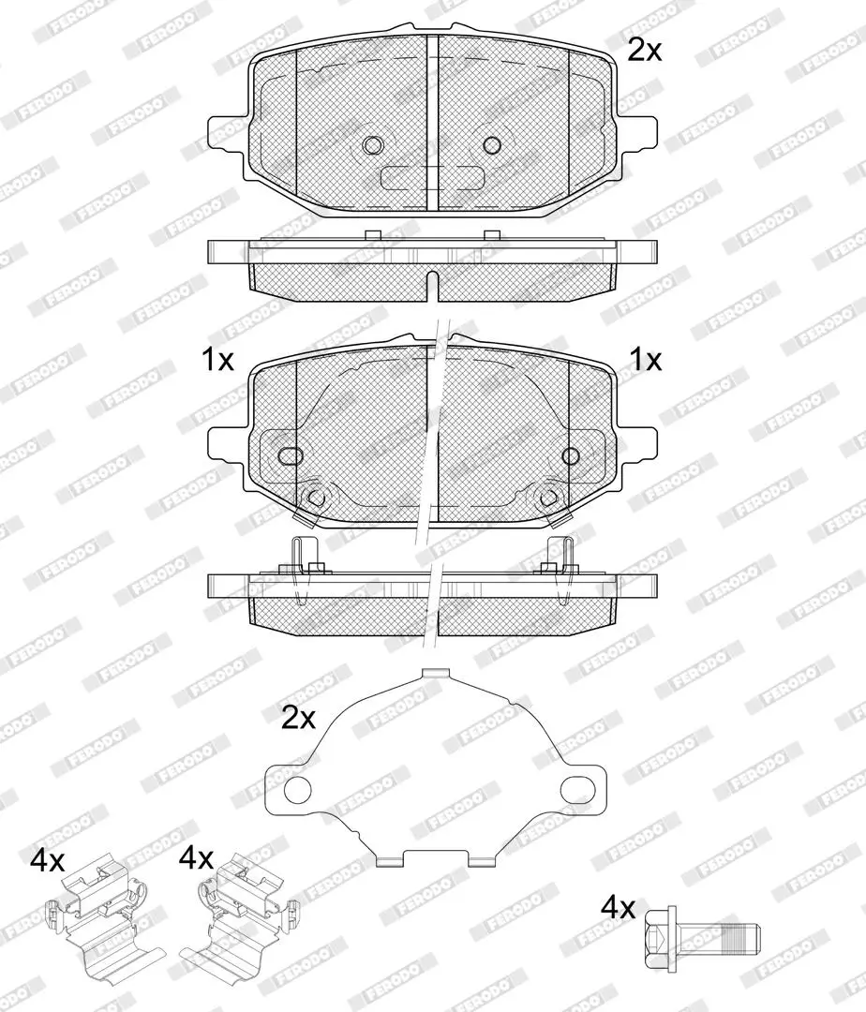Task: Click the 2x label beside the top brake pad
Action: (645, 51)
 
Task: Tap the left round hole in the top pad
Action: (372, 145)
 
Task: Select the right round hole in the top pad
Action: (492, 145)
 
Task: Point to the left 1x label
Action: (218, 360)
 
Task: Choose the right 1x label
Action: (646, 360)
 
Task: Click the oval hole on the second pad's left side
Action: (291, 455)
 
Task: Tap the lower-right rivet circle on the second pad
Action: (548, 497)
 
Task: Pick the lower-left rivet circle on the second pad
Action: (316, 497)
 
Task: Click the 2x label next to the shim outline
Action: (298, 718)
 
